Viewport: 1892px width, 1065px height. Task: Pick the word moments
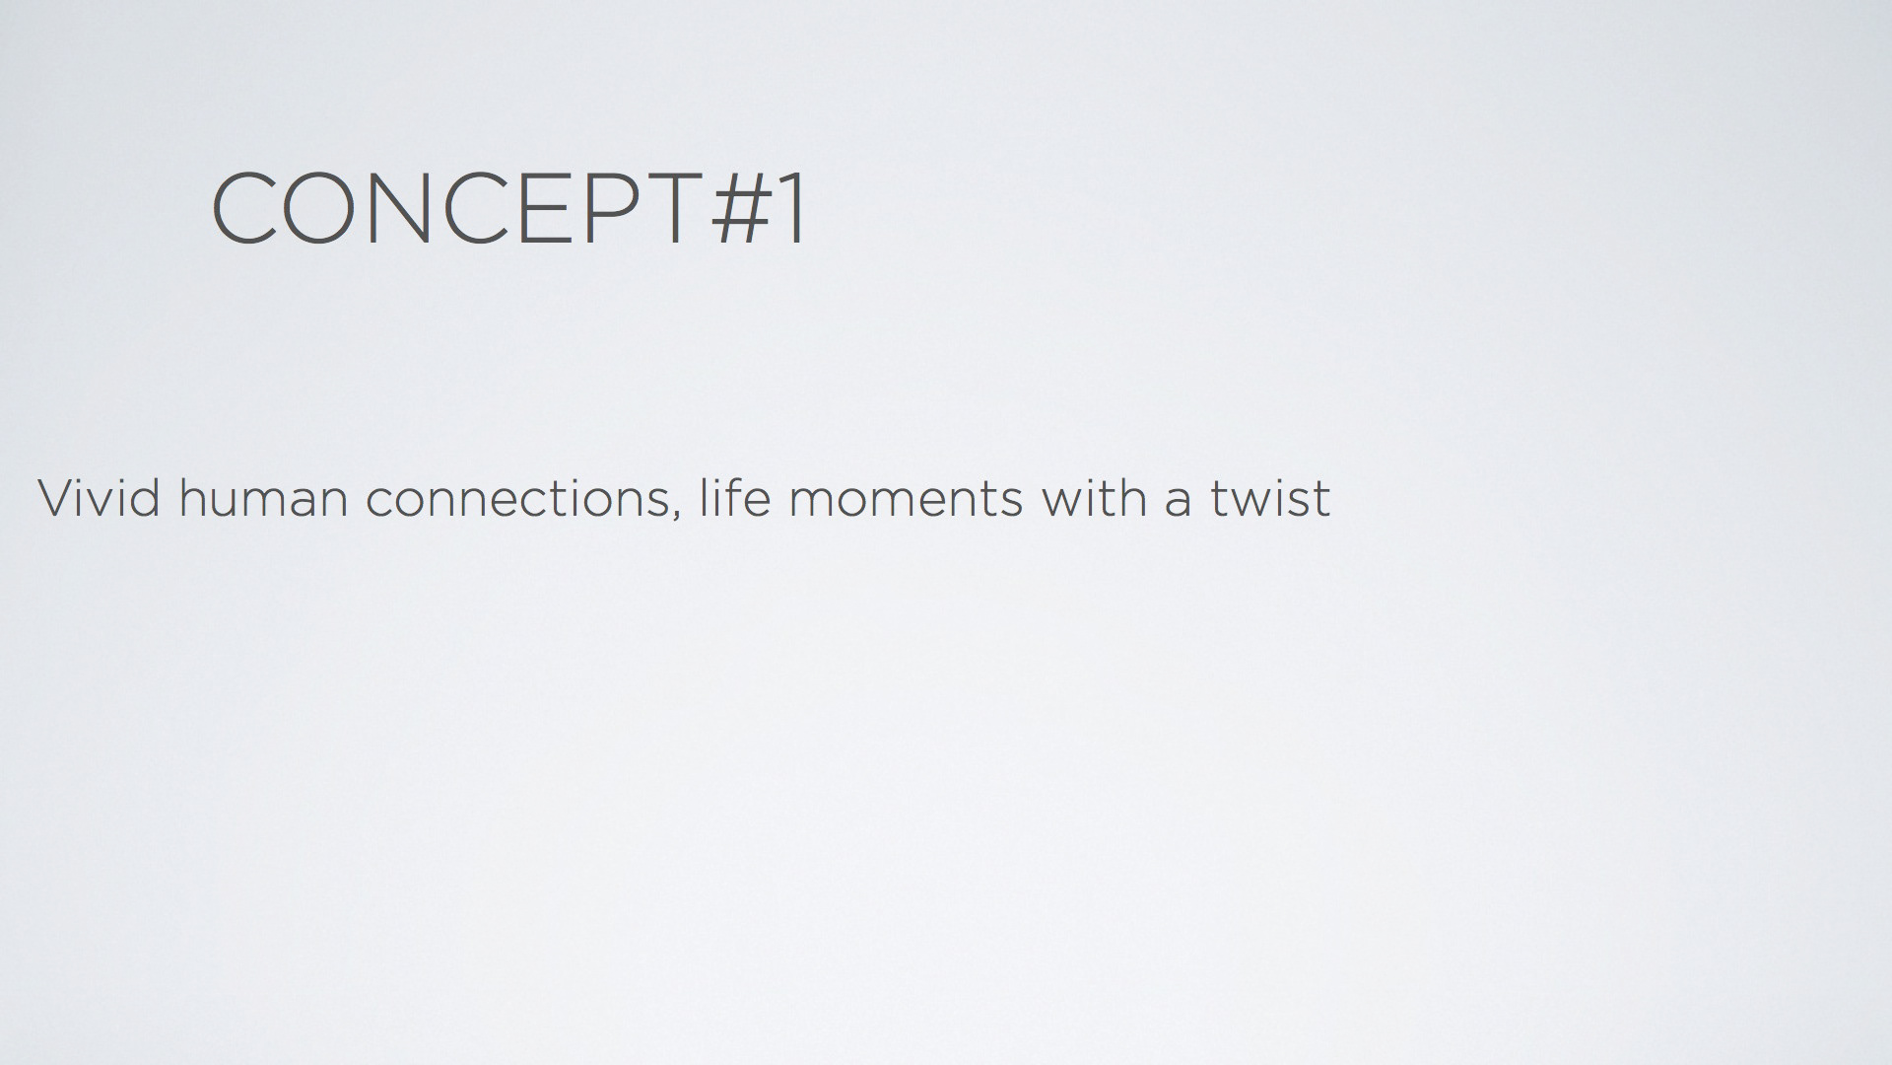[906, 499]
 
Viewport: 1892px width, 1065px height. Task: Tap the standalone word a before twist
[1179, 503]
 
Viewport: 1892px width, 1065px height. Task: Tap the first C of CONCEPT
[243, 208]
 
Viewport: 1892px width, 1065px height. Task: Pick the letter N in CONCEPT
[403, 208]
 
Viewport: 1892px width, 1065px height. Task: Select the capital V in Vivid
[57, 498]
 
